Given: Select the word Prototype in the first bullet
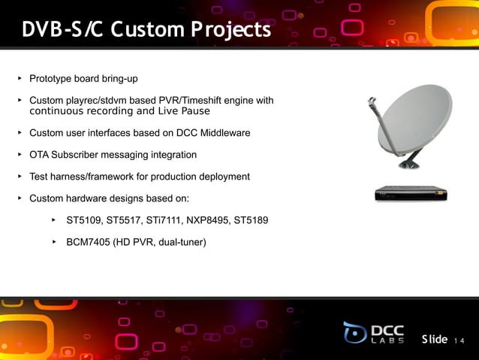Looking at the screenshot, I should (x=51, y=79).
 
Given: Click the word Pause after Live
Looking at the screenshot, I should (x=195, y=111).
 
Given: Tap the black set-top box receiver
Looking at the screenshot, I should (x=411, y=194).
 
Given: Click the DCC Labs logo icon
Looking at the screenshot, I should (x=355, y=332).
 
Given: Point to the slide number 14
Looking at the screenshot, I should (x=459, y=341).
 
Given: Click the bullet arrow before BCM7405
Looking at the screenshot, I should (x=54, y=242).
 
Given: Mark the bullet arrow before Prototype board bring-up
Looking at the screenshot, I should (x=20, y=78).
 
